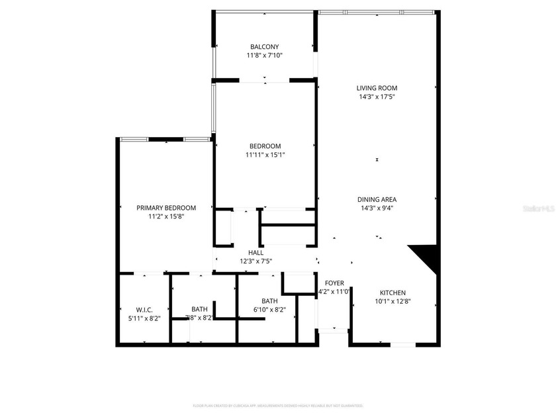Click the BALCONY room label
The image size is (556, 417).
point(264,46)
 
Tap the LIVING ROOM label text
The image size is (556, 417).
point(377,88)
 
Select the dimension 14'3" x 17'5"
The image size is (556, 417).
point(377,97)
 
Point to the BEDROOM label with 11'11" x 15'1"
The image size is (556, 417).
point(265,146)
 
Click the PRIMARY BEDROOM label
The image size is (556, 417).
point(166,207)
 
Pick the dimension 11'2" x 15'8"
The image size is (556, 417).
point(166,216)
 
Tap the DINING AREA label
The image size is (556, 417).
point(377,199)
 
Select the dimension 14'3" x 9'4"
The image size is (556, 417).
point(377,208)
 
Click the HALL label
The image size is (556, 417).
point(255,252)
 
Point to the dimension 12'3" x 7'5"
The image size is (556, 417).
point(255,261)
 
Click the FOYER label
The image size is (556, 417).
point(334,283)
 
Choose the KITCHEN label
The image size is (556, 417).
point(393,293)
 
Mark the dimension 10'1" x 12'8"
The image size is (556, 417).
point(393,302)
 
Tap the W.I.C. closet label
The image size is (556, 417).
point(144,309)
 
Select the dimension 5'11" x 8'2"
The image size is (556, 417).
point(144,318)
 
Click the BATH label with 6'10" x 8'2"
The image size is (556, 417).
point(269,301)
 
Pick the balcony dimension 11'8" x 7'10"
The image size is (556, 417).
point(264,56)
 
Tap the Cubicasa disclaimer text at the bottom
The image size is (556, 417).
point(278,405)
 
